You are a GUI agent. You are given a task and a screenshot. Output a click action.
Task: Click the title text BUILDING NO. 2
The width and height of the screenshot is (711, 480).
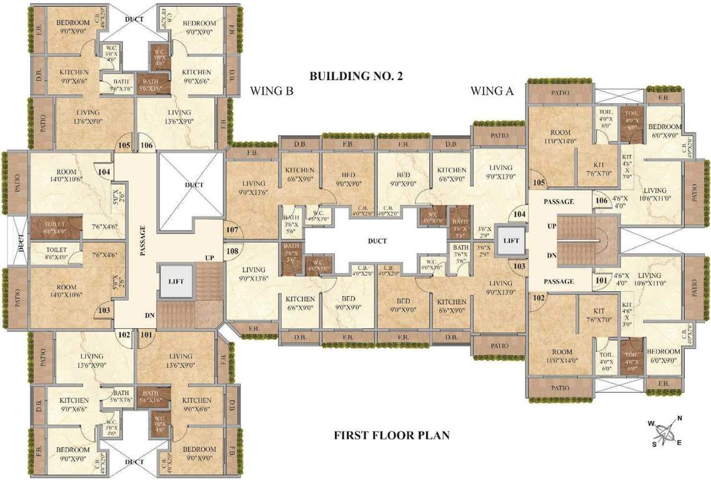click(x=356, y=77)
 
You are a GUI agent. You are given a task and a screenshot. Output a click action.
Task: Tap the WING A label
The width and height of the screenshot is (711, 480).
click(x=492, y=91)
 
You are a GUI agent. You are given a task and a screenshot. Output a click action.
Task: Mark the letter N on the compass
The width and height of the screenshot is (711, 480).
click(x=680, y=419)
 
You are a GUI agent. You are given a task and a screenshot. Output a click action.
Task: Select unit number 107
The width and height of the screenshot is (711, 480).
click(x=232, y=230)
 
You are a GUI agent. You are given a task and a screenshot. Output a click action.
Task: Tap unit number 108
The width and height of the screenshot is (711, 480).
click(x=232, y=251)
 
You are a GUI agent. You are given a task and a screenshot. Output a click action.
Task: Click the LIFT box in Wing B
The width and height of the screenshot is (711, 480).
click(x=176, y=281)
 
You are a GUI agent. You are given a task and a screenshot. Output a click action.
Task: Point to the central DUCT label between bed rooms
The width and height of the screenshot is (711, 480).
click(x=377, y=241)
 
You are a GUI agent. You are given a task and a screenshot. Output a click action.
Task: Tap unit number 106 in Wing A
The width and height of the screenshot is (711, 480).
click(x=602, y=201)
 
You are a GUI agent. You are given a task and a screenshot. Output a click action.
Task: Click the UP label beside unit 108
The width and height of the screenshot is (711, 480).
click(x=210, y=257)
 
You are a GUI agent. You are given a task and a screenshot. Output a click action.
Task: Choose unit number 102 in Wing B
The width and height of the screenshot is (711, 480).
click(x=125, y=334)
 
